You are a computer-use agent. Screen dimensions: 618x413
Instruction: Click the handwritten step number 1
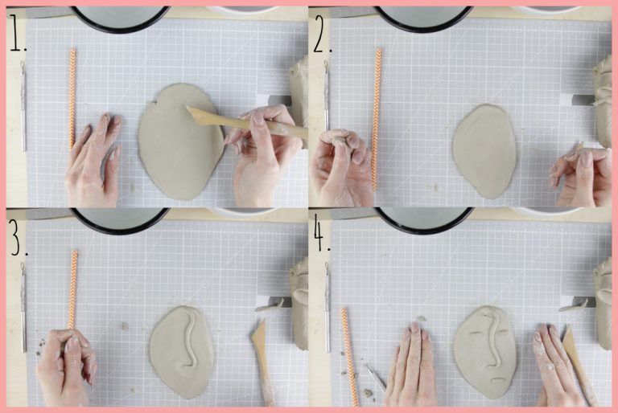pos(18,33)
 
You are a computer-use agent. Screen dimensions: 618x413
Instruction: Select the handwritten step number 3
pos(19,236)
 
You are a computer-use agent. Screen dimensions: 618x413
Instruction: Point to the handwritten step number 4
pos(322,237)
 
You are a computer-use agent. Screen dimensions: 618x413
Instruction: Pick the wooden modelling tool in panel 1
pos(246,123)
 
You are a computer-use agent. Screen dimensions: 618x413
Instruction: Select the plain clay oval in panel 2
pos(484,152)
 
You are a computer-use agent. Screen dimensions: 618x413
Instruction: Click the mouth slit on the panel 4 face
pos(498,379)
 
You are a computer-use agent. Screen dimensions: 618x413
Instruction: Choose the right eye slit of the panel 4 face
pos(502,333)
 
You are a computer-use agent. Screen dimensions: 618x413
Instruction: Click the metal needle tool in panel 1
pos(23,106)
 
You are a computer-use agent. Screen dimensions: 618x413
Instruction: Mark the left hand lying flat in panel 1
pos(93,162)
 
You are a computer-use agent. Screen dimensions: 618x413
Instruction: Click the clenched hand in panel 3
pos(65,366)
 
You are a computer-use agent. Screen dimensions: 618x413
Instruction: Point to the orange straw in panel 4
pos(350,357)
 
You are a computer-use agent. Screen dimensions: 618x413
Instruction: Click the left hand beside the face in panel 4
pos(412,364)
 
